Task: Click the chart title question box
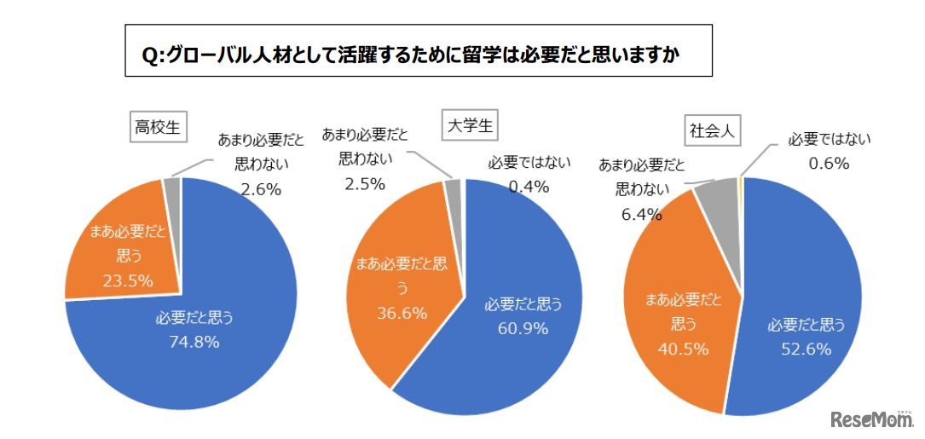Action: click(418, 51)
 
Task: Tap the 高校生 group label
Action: click(156, 127)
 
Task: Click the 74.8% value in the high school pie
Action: click(194, 342)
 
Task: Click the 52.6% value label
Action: click(805, 348)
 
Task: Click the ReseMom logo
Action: click(870, 417)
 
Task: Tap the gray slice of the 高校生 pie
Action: click(172, 190)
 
